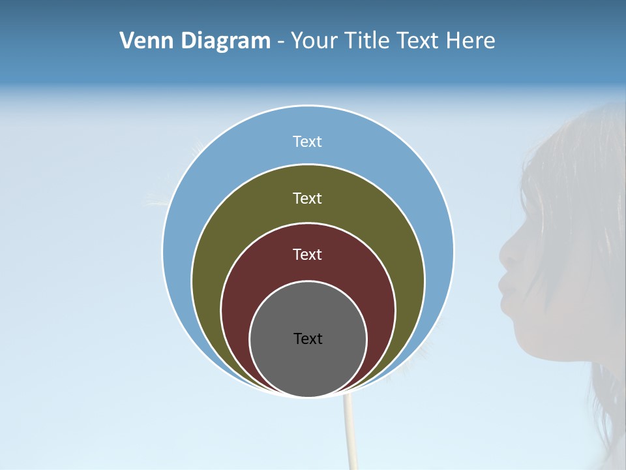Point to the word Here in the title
coord(470,41)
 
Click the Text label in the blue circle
coord(307,142)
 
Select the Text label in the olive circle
coord(307,198)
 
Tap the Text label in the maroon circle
coord(307,254)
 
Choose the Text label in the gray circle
coord(308,338)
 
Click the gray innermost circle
coord(308,366)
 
